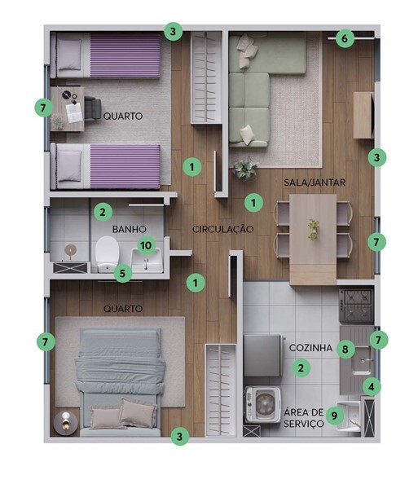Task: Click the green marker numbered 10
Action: [x=146, y=245]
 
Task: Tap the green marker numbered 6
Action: [x=345, y=38]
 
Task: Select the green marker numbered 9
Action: [x=334, y=416]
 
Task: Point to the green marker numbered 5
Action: [x=122, y=274]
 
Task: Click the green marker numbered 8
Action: [x=345, y=349]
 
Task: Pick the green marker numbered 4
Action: [x=372, y=386]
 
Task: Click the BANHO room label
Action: [x=129, y=229]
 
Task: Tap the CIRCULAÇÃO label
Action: [x=223, y=229]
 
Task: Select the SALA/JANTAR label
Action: [x=315, y=183]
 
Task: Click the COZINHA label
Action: [x=310, y=348]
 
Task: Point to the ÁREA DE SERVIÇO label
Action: [x=303, y=418]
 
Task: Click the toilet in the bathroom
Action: [x=107, y=254]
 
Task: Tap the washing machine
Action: [x=263, y=404]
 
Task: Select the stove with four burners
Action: [x=356, y=305]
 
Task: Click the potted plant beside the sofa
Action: [x=245, y=169]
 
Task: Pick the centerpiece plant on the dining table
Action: [x=314, y=230]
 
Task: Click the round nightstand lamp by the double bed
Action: [x=65, y=423]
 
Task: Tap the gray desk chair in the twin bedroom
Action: [x=93, y=109]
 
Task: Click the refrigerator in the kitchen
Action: [x=263, y=355]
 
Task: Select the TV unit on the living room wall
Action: [x=364, y=115]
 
